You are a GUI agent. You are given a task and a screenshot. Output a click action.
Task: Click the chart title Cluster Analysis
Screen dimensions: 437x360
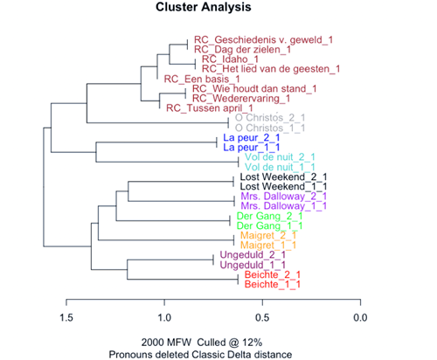click(204, 7)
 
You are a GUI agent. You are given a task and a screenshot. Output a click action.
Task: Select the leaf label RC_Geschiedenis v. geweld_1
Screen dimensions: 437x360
click(263, 40)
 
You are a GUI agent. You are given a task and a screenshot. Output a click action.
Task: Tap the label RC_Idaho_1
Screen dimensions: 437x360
click(230, 59)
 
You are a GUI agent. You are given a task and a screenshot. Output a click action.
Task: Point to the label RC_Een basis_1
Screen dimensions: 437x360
click(202, 79)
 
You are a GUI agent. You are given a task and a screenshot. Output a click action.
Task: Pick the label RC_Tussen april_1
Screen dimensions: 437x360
click(210, 108)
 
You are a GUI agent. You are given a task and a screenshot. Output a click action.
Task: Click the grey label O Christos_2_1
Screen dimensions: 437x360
click(270, 118)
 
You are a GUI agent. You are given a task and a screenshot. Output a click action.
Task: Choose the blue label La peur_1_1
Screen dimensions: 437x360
click(252, 148)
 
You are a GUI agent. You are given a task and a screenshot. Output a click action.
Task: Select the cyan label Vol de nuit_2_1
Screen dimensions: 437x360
click(280, 157)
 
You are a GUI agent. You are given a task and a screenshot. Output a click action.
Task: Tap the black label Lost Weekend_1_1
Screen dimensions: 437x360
click(283, 186)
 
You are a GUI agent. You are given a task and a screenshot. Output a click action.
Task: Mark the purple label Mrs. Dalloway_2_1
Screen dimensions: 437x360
click(284, 197)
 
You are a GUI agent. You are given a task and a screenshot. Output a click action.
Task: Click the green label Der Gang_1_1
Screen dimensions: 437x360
click(269, 225)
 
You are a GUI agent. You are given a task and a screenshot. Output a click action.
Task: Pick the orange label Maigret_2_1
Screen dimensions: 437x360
click(268, 235)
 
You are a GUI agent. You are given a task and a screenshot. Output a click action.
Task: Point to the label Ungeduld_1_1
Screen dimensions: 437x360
click(253, 265)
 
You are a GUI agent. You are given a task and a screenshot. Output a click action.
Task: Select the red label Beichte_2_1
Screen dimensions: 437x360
click(273, 274)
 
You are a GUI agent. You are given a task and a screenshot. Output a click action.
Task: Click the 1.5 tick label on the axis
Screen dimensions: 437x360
click(66, 317)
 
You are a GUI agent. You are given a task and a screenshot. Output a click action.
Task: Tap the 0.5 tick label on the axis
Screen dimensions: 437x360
click(262, 317)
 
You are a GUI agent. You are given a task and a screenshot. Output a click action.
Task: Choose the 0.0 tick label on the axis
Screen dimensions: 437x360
click(360, 317)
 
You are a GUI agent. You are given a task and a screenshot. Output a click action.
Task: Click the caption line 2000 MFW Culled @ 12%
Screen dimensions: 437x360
click(202, 343)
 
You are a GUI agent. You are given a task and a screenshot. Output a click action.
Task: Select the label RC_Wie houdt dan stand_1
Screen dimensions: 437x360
click(254, 89)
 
